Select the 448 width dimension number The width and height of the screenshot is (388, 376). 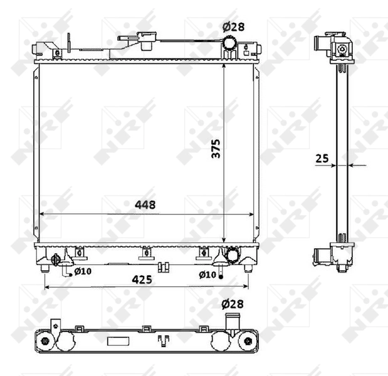pyautogui.click(x=144, y=205)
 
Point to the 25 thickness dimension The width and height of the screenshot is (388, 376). pyautogui.click(x=322, y=159)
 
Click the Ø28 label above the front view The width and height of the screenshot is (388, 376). pyautogui.click(x=233, y=27)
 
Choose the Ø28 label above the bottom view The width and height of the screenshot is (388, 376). pyautogui.click(x=232, y=305)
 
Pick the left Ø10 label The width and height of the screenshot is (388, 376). pyautogui.click(x=83, y=272)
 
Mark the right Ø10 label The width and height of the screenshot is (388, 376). pyautogui.click(x=207, y=274)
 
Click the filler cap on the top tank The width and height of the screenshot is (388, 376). pyautogui.click(x=149, y=41)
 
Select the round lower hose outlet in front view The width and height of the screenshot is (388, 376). pyautogui.click(x=232, y=255)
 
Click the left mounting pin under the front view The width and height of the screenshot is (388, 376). pyautogui.click(x=45, y=268)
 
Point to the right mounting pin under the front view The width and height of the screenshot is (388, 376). pyautogui.click(x=248, y=268)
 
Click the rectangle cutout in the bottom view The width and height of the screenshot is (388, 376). pyautogui.click(x=117, y=342)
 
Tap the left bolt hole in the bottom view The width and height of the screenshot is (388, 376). pyautogui.click(x=45, y=342)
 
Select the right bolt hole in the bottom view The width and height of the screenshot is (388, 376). pyautogui.click(x=248, y=342)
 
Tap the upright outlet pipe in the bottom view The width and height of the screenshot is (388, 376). pyautogui.click(x=232, y=321)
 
